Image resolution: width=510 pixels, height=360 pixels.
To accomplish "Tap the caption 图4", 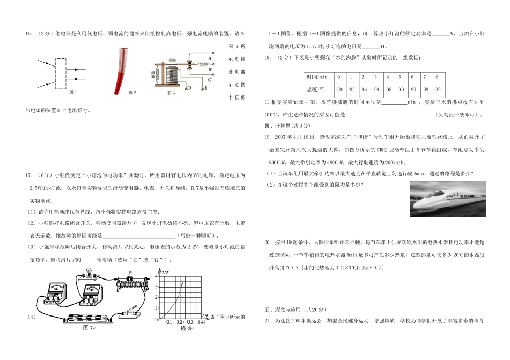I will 64,93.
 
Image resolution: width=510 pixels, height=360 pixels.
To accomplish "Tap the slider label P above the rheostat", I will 130,274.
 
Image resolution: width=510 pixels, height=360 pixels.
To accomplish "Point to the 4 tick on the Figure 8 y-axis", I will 157,276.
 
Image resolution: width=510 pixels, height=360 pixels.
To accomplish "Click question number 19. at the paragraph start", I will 269,138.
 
